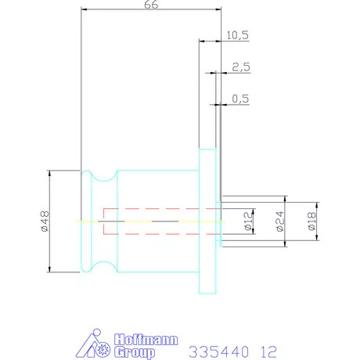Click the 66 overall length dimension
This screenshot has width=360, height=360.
coord(151,5)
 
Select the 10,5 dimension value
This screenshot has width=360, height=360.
coord(237,35)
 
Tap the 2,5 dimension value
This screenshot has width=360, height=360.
coord(241,67)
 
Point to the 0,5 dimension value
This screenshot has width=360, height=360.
coord(240,99)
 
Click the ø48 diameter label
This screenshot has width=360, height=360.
coord(45,221)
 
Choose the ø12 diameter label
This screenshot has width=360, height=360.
coord(249,221)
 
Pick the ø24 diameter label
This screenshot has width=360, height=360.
coord(280,221)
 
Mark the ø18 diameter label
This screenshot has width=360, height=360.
coord(311,221)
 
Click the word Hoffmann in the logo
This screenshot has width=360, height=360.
coord(146,340)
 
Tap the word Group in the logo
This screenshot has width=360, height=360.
coord(135,352)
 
